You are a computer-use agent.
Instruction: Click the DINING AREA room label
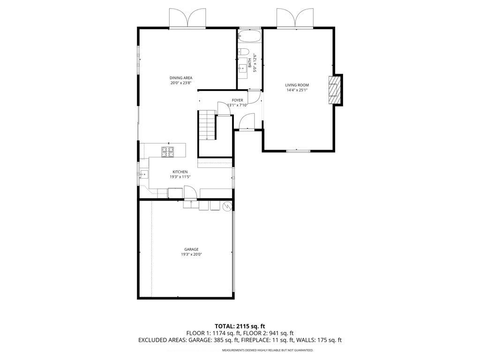click(181, 78)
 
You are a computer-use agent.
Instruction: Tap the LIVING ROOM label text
click(297, 85)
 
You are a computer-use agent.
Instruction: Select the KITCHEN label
click(180, 172)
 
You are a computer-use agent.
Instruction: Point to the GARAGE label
click(191, 249)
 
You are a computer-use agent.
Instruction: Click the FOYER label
click(237, 100)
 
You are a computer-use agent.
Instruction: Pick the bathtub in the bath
click(249, 36)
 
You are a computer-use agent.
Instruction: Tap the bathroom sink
click(243, 69)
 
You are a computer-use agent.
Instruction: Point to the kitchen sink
click(143, 174)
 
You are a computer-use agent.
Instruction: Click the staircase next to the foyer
click(206, 125)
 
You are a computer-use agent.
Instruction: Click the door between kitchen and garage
click(190, 193)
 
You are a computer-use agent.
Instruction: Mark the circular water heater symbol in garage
click(227, 205)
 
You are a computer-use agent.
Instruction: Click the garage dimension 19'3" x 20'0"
click(191, 255)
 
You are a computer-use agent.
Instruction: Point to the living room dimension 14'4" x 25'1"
click(297, 90)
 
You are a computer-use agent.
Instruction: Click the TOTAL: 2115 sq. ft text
click(240, 326)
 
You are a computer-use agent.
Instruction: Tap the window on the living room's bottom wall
click(298, 150)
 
